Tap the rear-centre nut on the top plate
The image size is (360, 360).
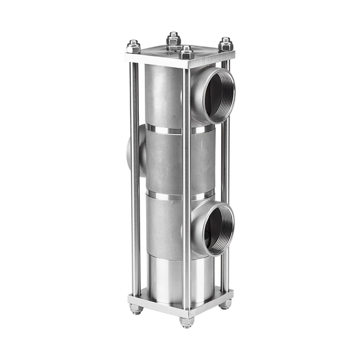pyautogui.click(x=173, y=39)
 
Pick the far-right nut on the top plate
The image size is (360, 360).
pyautogui.click(x=226, y=45)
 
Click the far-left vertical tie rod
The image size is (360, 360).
pyautogui.click(x=135, y=176)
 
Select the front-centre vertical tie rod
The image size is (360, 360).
pyautogui.click(x=187, y=189)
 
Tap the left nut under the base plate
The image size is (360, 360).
pyautogui.click(x=136, y=309)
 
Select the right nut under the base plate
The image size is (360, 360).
pyautogui.click(x=224, y=304)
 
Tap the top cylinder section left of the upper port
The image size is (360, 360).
pyautogui.click(x=163, y=95)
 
